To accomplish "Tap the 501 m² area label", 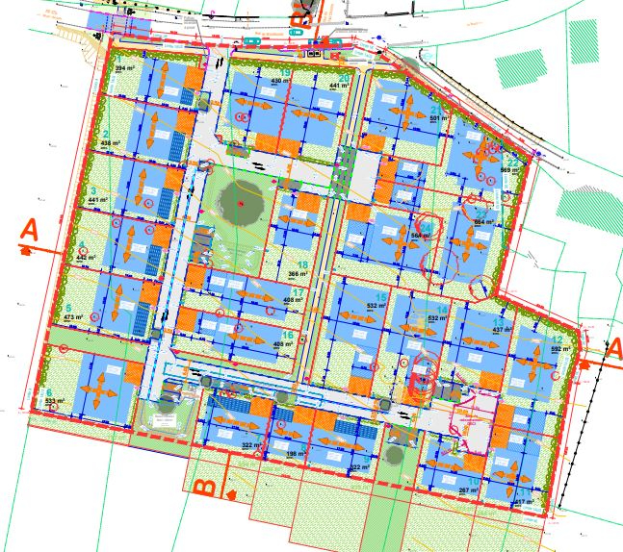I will [439, 118].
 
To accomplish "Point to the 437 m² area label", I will [503, 329].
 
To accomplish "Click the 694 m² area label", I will [484, 222].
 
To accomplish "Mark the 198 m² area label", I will [296, 454].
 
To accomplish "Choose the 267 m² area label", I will [468, 490].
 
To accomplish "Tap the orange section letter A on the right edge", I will [611, 348].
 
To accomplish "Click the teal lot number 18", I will [302, 265].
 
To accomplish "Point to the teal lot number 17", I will [298, 292].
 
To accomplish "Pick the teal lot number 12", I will [557, 340].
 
